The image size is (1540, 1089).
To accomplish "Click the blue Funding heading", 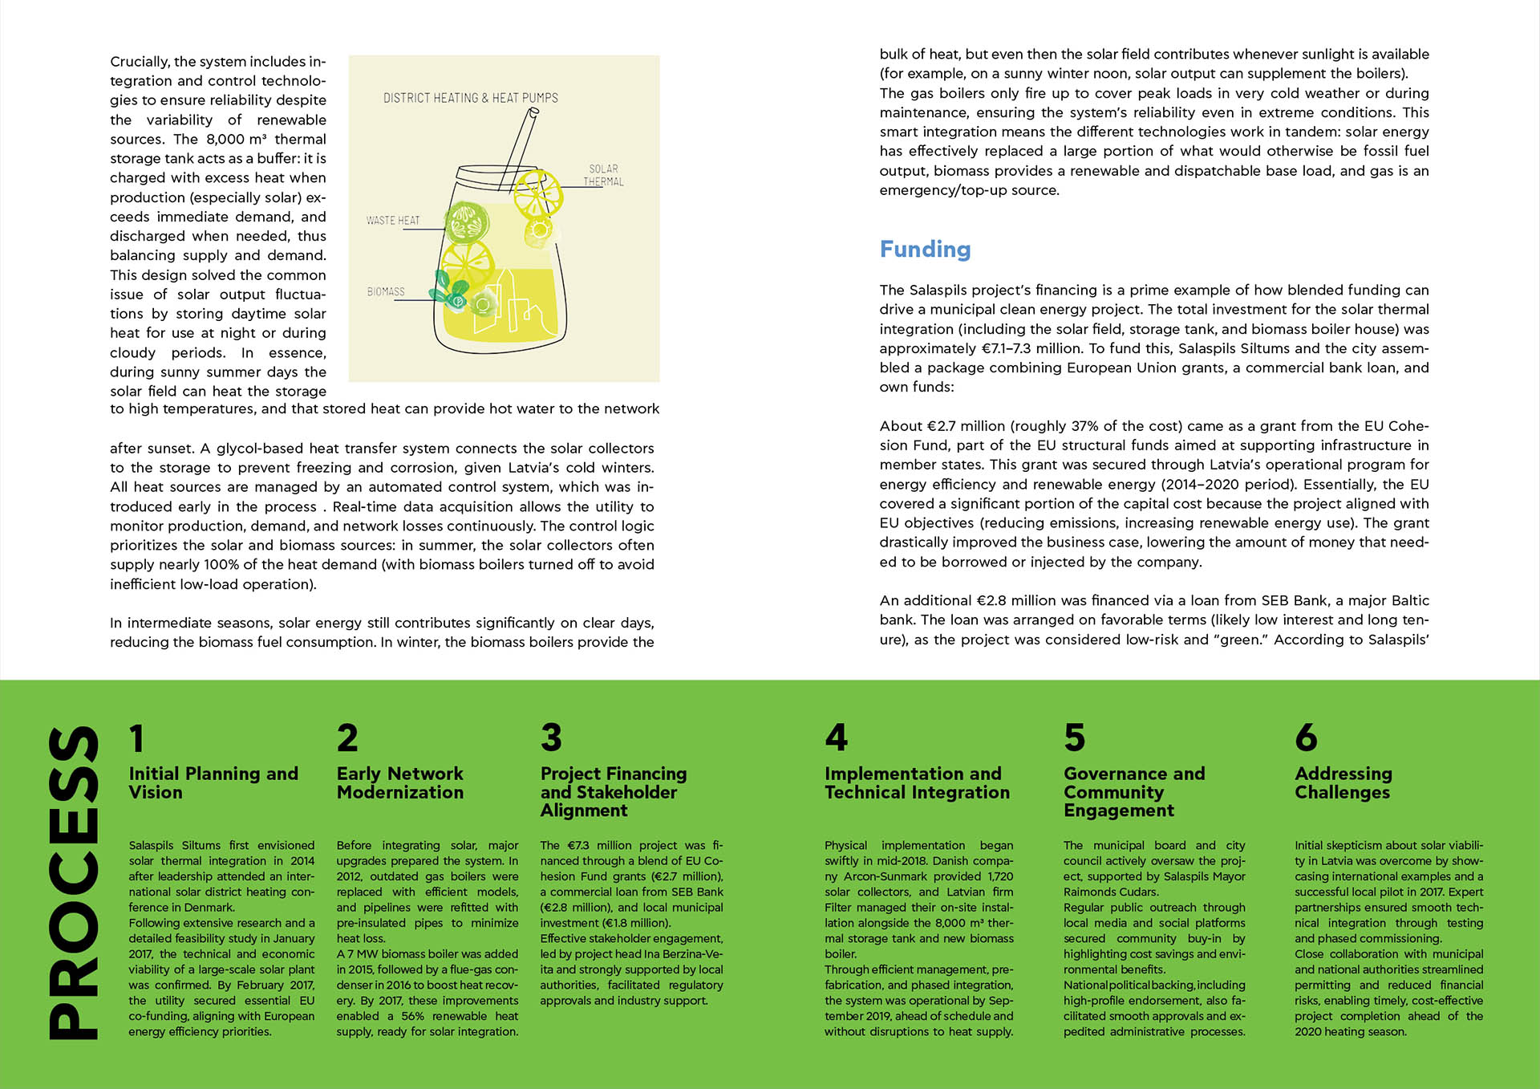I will click(925, 250).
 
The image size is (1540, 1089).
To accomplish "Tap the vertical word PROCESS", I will click(74, 883).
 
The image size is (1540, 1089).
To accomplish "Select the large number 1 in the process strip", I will click(137, 738).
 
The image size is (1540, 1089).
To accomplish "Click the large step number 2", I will click(347, 738).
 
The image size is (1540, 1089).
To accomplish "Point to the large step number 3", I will click(551, 738).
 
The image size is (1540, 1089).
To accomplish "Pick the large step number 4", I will click(836, 738).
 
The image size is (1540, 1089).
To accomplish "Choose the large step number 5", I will click(1074, 738).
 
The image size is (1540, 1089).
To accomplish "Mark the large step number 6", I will click(1306, 738).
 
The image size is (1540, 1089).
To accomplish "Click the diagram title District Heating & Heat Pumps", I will click(471, 98).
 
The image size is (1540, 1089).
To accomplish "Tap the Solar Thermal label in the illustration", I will click(603, 175).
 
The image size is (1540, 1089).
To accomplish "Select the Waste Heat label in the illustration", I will click(393, 220).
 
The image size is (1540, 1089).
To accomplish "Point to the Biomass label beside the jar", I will click(386, 291).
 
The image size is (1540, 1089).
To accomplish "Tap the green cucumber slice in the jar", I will click(467, 222).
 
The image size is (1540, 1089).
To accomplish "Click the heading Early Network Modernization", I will click(400, 782).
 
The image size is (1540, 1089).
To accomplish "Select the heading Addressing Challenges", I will click(1343, 782).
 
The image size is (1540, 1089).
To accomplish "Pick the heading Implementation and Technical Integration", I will click(917, 782).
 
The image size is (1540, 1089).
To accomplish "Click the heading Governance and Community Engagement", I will click(1134, 791).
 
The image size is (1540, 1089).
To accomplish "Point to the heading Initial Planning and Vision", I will click(213, 782).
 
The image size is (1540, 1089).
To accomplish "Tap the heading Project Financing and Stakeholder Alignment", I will click(614, 791).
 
